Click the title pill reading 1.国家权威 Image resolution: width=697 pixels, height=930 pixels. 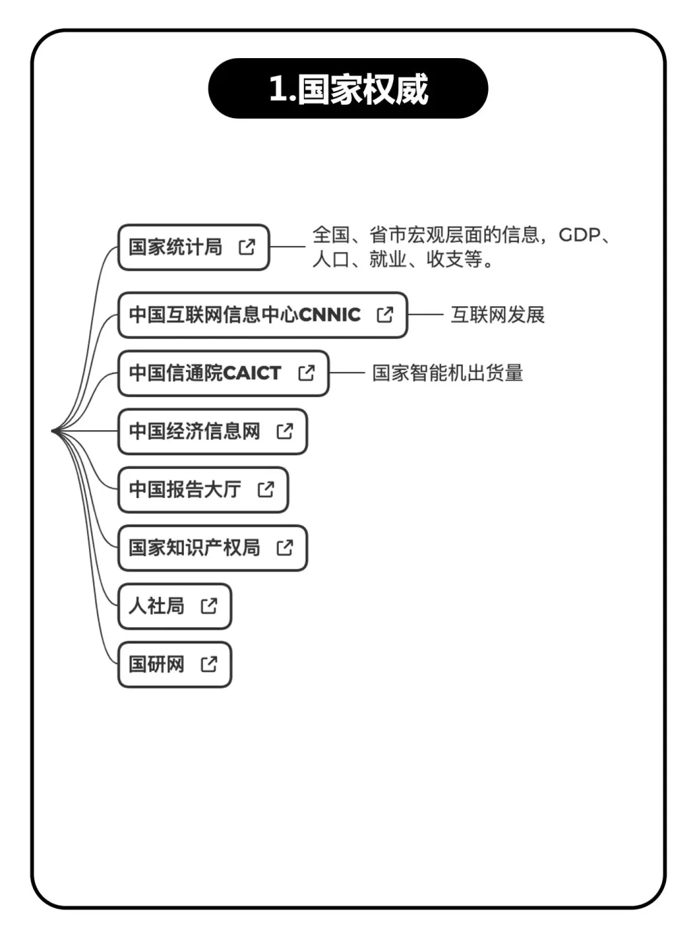click(x=348, y=88)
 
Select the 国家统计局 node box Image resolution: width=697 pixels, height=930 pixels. click(x=175, y=247)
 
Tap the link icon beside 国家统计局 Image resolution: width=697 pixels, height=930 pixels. click(x=247, y=247)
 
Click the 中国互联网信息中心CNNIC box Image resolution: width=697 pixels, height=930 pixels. click(x=245, y=315)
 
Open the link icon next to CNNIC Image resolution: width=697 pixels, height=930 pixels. click(x=385, y=315)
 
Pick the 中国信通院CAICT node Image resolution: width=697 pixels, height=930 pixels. click(x=205, y=373)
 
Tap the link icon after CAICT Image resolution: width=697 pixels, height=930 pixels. click(x=307, y=373)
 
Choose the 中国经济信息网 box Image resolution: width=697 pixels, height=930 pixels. click(x=194, y=431)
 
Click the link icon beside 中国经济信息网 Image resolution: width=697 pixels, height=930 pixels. click(x=285, y=431)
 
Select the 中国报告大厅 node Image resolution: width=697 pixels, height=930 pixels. click(x=185, y=490)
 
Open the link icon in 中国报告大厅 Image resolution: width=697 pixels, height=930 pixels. click(x=266, y=490)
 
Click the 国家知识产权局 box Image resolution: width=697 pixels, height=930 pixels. click(x=194, y=548)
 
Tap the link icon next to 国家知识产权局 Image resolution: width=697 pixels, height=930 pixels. click(x=285, y=548)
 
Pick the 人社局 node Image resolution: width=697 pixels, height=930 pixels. click(x=156, y=606)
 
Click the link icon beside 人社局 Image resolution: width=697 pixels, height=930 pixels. click(x=209, y=606)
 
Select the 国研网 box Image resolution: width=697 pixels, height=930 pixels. click(x=156, y=664)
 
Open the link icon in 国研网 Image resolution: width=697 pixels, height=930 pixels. click(x=209, y=664)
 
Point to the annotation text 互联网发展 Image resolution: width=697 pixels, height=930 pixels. click(x=498, y=315)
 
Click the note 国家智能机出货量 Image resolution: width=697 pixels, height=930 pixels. click(x=447, y=373)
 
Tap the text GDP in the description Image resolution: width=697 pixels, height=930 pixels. click(x=579, y=234)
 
